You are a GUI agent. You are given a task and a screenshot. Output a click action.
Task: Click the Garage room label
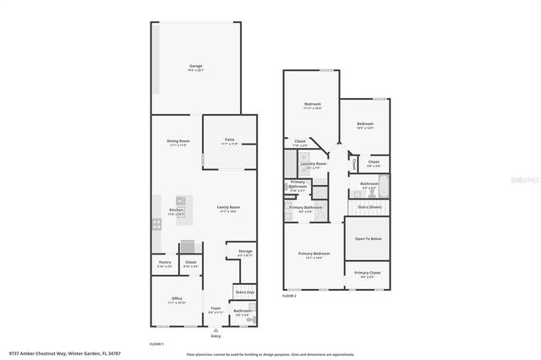tap(195, 65)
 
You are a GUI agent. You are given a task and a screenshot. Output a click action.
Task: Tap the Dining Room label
tap(178, 141)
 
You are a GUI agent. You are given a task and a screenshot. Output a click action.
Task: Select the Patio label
tap(229, 139)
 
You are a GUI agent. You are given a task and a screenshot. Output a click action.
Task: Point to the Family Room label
tap(229, 207)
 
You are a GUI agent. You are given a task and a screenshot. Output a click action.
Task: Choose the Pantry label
tap(165, 263)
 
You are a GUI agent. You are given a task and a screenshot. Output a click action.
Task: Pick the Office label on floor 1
tap(176, 298)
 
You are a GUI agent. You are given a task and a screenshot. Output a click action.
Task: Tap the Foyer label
tap(216, 308)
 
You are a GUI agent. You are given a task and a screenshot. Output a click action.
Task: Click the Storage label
tap(245, 251)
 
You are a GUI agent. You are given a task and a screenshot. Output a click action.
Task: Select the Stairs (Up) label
tap(245, 292)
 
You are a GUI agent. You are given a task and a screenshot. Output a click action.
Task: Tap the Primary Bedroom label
tap(314, 254)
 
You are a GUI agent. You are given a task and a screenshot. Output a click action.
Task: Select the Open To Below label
tap(368, 239)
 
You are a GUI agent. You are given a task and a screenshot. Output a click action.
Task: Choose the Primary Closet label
tap(368, 273)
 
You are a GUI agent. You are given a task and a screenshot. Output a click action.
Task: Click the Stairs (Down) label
tap(369, 206)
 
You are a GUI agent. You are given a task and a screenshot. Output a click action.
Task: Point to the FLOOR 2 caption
tap(290, 297)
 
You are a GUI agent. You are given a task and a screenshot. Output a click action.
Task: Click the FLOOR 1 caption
tap(156, 344)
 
